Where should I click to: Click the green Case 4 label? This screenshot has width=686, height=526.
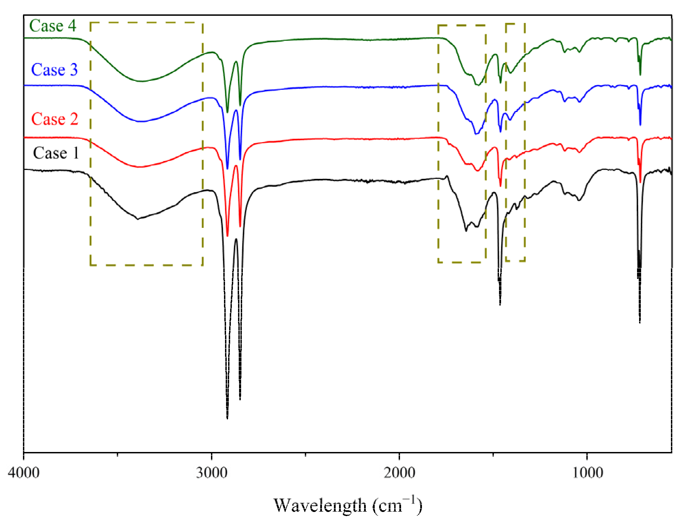(53, 26)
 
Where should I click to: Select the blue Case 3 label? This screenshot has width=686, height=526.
(54, 70)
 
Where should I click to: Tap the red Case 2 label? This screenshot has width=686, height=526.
(55, 119)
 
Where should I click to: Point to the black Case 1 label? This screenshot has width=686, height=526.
(56, 153)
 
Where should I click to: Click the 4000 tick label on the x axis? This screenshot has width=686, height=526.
(24, 473)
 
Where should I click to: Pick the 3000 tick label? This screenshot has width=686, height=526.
(212, 473)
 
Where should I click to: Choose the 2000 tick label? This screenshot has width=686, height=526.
(399, 473)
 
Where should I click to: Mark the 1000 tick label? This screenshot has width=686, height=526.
(587, 473)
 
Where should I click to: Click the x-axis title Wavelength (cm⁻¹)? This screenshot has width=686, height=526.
(348, 505)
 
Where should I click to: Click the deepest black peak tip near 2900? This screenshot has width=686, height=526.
(227, 418)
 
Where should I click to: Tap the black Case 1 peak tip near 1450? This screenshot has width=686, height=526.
(500, 304)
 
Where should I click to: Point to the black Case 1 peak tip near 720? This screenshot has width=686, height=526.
(640, 322)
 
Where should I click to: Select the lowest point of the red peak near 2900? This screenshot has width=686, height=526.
(227, 236)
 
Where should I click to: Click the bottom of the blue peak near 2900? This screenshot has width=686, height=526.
(227, 169)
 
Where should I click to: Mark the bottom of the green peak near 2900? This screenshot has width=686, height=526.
(227, 112)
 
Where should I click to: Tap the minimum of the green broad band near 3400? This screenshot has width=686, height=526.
(141, 81)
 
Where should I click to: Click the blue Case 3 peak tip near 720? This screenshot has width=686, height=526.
(640, 125)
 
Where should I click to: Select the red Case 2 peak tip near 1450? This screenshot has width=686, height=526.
(500, 186)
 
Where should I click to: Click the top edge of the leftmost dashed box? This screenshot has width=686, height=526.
(147, 23)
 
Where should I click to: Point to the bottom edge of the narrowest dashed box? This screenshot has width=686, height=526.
(515, 261)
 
